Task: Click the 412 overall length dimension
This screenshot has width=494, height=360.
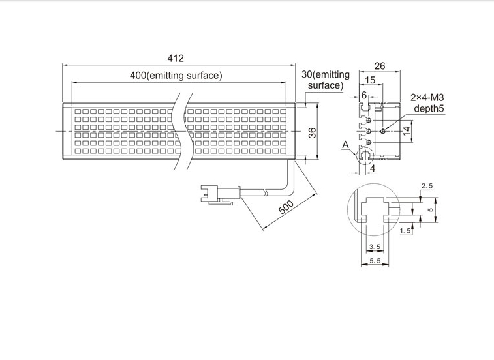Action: (176, 59)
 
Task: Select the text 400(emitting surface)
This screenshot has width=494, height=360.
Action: (176, 76)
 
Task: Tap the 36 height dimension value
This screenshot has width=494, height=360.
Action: (312, 133)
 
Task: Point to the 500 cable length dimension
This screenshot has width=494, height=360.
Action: (286, 207)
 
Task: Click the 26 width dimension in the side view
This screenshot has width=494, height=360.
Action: (380, 66)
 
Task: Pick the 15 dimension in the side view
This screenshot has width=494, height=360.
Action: (370, 80)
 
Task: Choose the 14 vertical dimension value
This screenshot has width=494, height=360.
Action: (407, 130)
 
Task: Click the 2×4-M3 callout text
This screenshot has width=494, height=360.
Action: (427, 97)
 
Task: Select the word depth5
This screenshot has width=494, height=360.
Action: (429, 108)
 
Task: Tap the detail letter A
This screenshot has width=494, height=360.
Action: (346, 145)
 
